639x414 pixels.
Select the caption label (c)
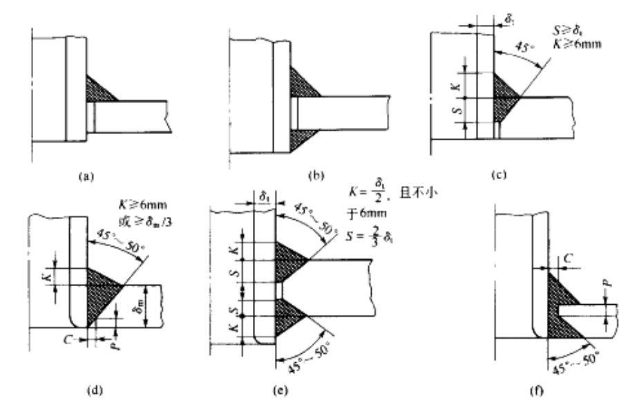click(x=499, y=176)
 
